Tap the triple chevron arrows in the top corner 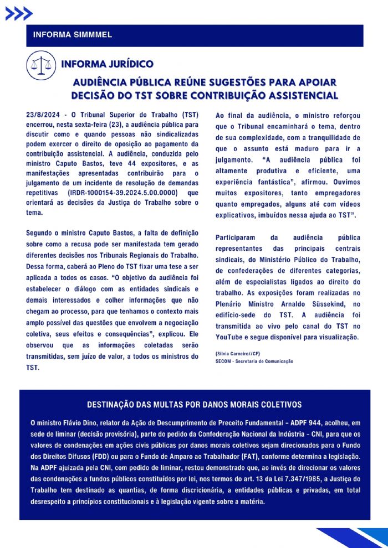pos(18,14)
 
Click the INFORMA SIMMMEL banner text pos(73,35)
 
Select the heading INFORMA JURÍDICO pos(107,64)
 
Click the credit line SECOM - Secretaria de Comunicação pos(254,361)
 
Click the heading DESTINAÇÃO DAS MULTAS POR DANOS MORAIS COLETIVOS pos(194,405)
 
